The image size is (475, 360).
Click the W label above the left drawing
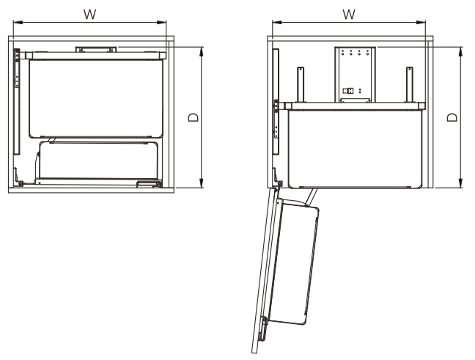pos(89,14)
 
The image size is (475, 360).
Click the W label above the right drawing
pos(349,14)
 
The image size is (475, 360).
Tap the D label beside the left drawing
pos(194,117)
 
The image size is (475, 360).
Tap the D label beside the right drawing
pos(452,117)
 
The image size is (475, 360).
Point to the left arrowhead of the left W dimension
pos(18,22)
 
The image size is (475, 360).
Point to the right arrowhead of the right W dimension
pos(421,22)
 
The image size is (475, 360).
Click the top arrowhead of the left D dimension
pos(201,51)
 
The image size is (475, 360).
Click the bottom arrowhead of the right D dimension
pos(460,183)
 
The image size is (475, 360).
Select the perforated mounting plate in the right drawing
pos(355,75)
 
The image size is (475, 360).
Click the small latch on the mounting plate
pos(348,91)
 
